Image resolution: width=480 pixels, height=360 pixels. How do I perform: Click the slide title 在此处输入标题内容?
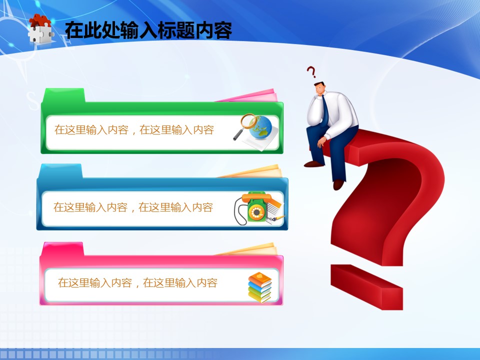(x=148, y=30)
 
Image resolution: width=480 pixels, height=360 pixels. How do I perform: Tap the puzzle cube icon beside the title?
(x=40, y=29)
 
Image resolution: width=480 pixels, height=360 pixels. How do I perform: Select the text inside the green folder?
(x=134, y=130)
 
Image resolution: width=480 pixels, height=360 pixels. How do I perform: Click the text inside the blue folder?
(x=133, y=207)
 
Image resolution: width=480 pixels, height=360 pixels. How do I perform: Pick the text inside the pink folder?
(x=138, y=283)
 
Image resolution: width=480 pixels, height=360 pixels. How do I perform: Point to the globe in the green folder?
(x=260, y=127)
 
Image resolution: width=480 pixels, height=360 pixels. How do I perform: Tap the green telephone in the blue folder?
(x=256, y=206)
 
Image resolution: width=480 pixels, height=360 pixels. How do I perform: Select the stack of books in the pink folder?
(x=260, y=287)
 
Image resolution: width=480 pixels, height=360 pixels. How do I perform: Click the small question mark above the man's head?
(x=311, y=72)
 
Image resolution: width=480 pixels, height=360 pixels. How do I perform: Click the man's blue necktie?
(x=325, y=111)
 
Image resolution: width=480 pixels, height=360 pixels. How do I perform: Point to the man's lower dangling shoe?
(x=338, y=184)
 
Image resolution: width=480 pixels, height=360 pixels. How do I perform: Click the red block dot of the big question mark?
(x=366, y=287)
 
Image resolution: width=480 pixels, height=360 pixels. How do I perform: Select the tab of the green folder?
(x=63, y=95)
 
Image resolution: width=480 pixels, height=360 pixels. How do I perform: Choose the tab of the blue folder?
(x=60, y=171)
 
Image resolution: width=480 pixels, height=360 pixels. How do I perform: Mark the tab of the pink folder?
(x=63, y=249)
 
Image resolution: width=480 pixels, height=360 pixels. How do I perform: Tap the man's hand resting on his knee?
(x=321, y=141)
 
